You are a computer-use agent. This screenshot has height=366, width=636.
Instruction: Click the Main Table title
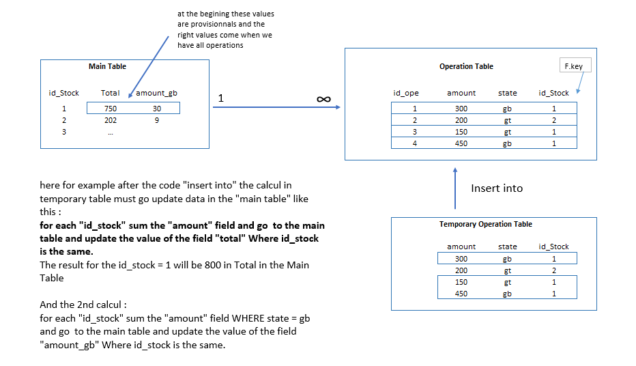(x=107, y=66)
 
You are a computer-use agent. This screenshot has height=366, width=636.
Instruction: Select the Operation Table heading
(x=466, y=66)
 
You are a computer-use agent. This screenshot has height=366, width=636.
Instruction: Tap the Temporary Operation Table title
(x=486, y=224)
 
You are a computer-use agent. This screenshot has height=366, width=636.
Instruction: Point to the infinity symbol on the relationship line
(x=324, y=100)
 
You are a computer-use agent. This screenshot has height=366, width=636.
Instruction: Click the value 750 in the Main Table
(x=111, y=108)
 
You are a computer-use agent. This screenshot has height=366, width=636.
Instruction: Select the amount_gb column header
(x=157, y=93)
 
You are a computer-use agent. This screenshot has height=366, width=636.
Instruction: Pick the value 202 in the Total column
(x=111, y=120)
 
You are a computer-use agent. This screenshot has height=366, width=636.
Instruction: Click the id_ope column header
(x=406, y=93)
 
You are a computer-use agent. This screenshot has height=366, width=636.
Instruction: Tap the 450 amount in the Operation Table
(x=461, y=143)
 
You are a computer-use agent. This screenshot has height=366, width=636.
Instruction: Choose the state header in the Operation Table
(x=507, y=93)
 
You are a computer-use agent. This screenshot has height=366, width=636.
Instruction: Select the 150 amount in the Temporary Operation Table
(x=461, y=282)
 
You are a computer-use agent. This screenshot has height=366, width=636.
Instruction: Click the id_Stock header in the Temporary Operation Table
(x=553, y=247)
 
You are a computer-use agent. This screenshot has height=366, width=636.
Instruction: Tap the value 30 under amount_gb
(x=157, y=108)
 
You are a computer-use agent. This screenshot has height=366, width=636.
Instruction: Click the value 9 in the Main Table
(x=157, y=120)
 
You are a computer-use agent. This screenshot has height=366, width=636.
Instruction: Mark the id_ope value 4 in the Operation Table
(x=414, y=143)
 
